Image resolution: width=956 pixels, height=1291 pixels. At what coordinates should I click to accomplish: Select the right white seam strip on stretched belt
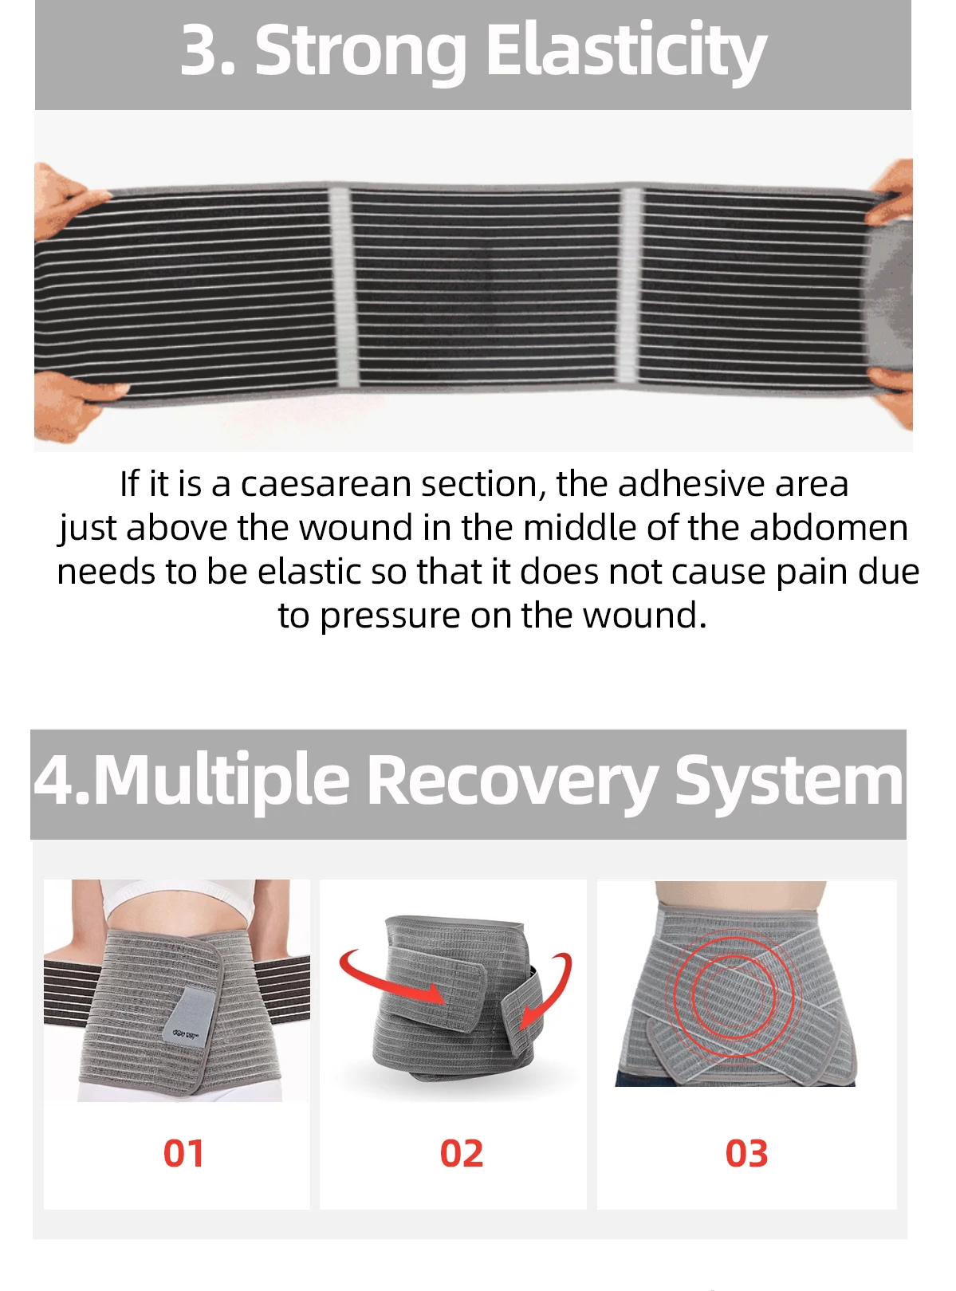[x=629, y=285]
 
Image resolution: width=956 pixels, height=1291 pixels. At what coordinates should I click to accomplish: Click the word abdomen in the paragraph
[x=828, y=528]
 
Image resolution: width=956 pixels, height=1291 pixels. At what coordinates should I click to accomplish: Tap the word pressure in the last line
[x=390, y=617]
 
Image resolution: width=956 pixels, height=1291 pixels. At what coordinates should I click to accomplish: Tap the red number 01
[x=183, y=1153]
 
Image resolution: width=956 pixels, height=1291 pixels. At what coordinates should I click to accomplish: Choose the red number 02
[x=462, y=1153]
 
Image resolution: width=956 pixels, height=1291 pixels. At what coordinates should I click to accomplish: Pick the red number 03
[x=747, y=1153]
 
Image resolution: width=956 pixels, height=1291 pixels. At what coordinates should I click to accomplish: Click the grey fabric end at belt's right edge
[x=890, y=297]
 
